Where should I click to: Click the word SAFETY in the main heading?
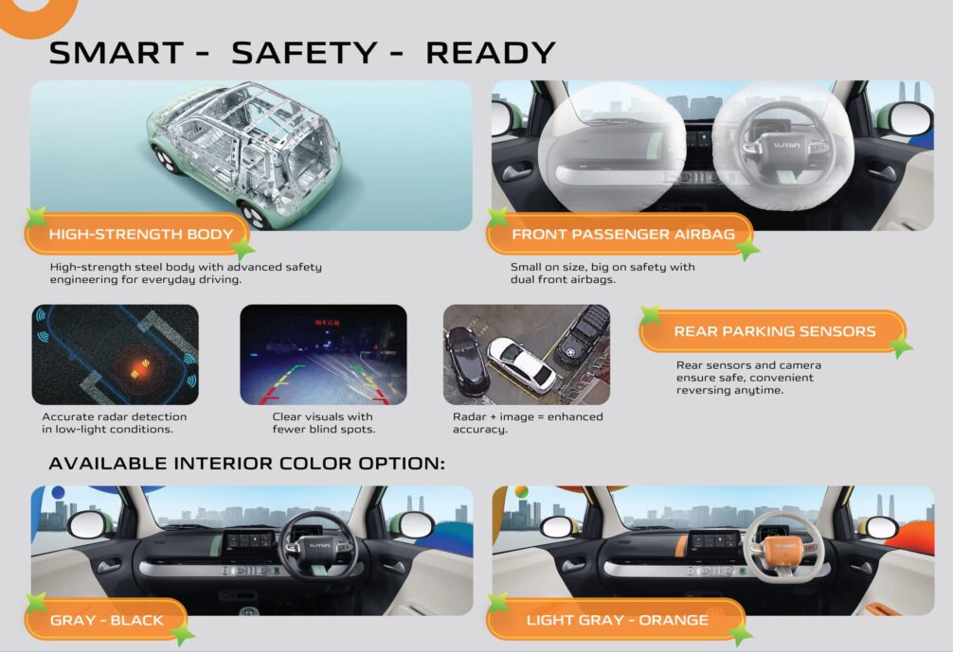[x=304, y=53]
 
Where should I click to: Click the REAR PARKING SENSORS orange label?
[x=773, y=331]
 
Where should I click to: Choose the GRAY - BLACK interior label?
[x=106, y=620]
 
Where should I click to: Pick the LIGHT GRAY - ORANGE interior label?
[x=617, y=620]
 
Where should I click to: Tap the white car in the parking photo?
[x=521, y=365]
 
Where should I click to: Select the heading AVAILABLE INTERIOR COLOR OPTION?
[x=246, y=463]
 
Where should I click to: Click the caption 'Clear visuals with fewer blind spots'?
[x=324, y=423]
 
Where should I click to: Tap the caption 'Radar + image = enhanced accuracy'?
[x=528, y=423]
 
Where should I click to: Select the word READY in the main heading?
[x=491, y=53]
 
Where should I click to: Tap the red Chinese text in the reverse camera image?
[x=327, y=323]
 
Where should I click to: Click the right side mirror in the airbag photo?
[x=905, y=119]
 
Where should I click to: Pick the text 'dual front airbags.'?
[x=563, y=279]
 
